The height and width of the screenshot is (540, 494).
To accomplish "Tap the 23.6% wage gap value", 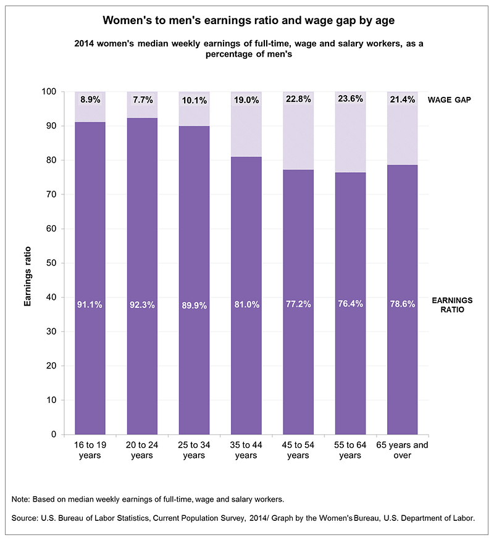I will [350, 99].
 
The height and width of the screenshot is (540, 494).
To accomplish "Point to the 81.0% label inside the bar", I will [246, 304].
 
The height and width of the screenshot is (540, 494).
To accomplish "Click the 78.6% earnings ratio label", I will [402, 304].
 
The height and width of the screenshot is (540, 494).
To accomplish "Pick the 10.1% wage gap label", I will [194, 99].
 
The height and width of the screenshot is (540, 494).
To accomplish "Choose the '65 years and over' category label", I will [402, 450].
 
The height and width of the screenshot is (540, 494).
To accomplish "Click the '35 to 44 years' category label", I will [246, 450].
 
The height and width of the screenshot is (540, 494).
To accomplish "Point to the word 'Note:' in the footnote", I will [22, 499].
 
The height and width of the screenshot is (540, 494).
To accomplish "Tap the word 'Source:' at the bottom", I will [26, 519].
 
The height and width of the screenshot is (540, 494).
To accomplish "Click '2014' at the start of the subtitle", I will [85, 44].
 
